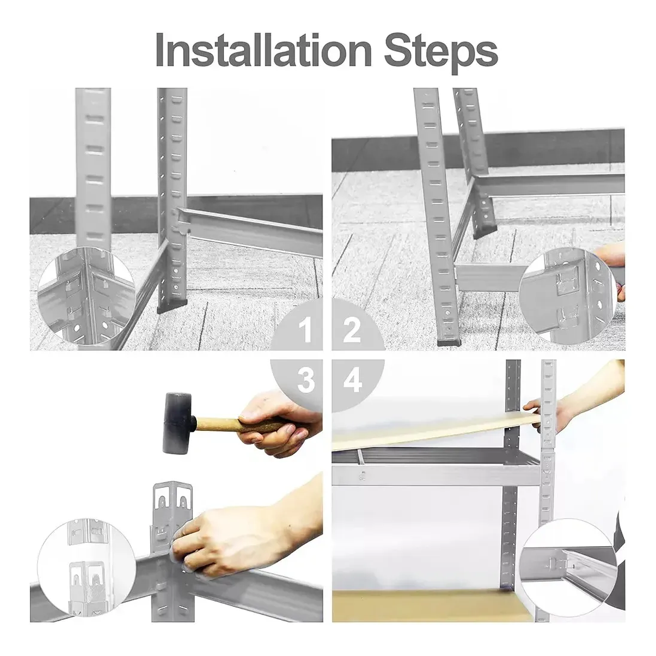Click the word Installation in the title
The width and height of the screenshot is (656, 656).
264,50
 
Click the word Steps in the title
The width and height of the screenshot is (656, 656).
441,53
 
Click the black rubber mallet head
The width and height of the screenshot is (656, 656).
178,422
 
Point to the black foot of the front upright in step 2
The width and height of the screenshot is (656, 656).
451,341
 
